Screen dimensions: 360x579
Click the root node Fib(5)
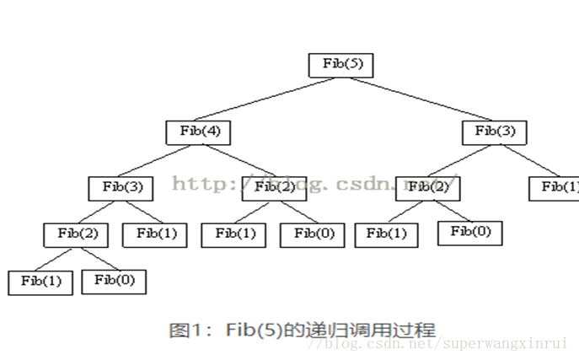341,64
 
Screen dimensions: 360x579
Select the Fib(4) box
199,132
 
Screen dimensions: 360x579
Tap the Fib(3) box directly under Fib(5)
494,132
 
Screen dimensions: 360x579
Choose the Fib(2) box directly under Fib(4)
274,187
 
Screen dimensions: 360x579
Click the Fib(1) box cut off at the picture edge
556,187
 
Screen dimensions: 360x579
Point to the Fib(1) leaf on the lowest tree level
41,282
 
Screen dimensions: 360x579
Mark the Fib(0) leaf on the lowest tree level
114,281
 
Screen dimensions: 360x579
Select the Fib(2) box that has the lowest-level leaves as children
78,234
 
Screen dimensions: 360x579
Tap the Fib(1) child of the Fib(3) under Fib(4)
155,234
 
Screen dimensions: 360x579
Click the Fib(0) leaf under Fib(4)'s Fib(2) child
313,234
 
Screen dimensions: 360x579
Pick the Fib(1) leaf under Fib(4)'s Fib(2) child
233,234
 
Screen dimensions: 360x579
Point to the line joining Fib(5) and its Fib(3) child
417,98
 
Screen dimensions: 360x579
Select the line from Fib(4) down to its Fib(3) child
160,159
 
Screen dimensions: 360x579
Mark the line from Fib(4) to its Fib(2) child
237,159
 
